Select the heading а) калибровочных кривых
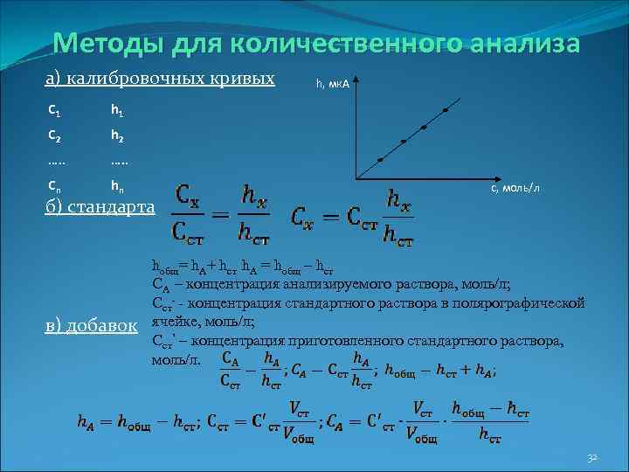160,80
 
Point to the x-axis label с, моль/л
521,189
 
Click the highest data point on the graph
446,111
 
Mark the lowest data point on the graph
380,160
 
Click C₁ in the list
54,111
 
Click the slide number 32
591,458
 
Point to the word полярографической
524,303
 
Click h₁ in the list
117,111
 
